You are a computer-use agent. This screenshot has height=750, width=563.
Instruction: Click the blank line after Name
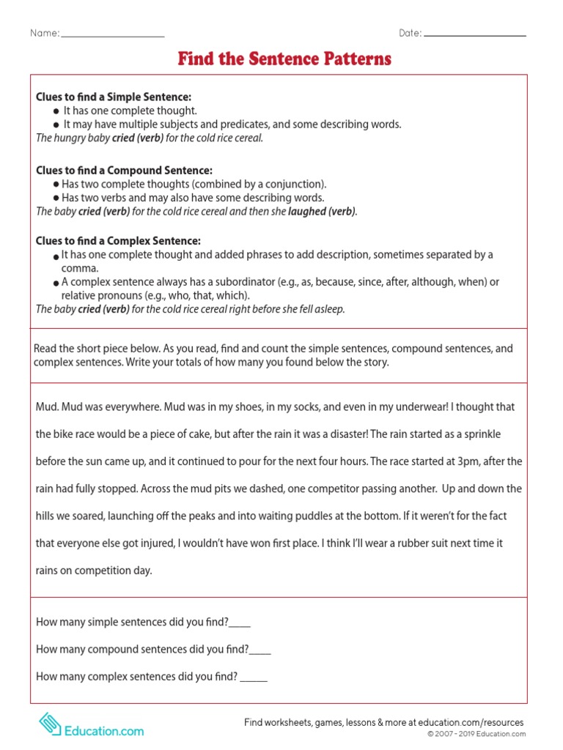[113, 35]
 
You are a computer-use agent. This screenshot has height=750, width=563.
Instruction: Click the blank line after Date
[475, 35]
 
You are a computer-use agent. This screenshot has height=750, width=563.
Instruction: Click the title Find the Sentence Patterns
[284, 59]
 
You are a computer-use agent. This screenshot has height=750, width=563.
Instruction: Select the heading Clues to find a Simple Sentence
[114, 97]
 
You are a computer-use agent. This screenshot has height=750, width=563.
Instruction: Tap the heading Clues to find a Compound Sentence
[124, 170]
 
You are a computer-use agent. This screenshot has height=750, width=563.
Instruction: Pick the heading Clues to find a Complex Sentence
[118, 240]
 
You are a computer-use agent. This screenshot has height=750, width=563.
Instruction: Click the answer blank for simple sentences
[240, 623]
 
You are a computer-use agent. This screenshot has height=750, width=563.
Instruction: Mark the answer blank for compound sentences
[260, 650]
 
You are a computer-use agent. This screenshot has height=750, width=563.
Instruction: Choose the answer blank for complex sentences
[254, 677]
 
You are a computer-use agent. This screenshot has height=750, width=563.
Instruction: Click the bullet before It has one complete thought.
[56, 111]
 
